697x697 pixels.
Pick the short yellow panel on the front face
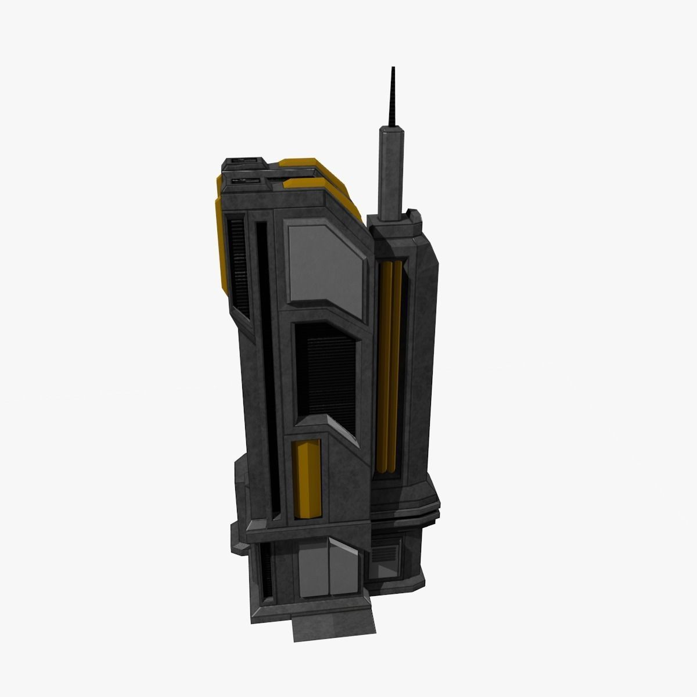(x=307, y=479)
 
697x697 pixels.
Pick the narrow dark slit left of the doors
(x=268, y=572)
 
